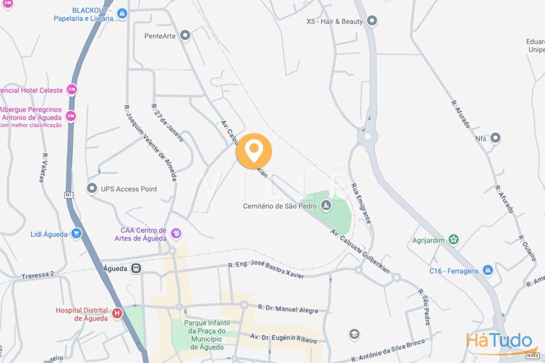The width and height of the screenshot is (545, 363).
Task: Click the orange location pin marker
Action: [x=254, y=150]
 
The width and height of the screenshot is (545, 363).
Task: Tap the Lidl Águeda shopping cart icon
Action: [x=76, y=234]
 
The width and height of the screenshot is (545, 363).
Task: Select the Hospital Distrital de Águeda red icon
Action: [x=117, y=313]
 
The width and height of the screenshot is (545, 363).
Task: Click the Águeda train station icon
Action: [x=136, y=268]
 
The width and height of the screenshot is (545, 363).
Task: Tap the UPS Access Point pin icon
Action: [x=91, y=188]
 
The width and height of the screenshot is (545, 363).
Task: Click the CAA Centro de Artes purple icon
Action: [x=175, y=234]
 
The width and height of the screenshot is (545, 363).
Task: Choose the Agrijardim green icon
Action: [x=454, y=239]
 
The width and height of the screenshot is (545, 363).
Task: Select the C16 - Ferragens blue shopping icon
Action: [x=487, y=270]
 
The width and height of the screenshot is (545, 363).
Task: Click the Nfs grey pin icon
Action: [x=495, y=138]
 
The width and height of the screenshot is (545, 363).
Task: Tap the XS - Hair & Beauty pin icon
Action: [x=372, y=21]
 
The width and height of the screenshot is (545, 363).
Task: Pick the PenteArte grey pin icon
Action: [x=185, y=36]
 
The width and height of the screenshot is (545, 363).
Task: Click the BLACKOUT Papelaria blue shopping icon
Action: [x=122, y=14]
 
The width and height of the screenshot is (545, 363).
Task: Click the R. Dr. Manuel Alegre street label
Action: [x=288, y=309]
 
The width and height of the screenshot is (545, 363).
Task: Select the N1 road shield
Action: [x=69, y=195]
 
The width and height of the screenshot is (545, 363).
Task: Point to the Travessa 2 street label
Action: [x=38, y=275]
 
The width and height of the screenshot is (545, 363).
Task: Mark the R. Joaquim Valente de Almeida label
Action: [x=150, y=143]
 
